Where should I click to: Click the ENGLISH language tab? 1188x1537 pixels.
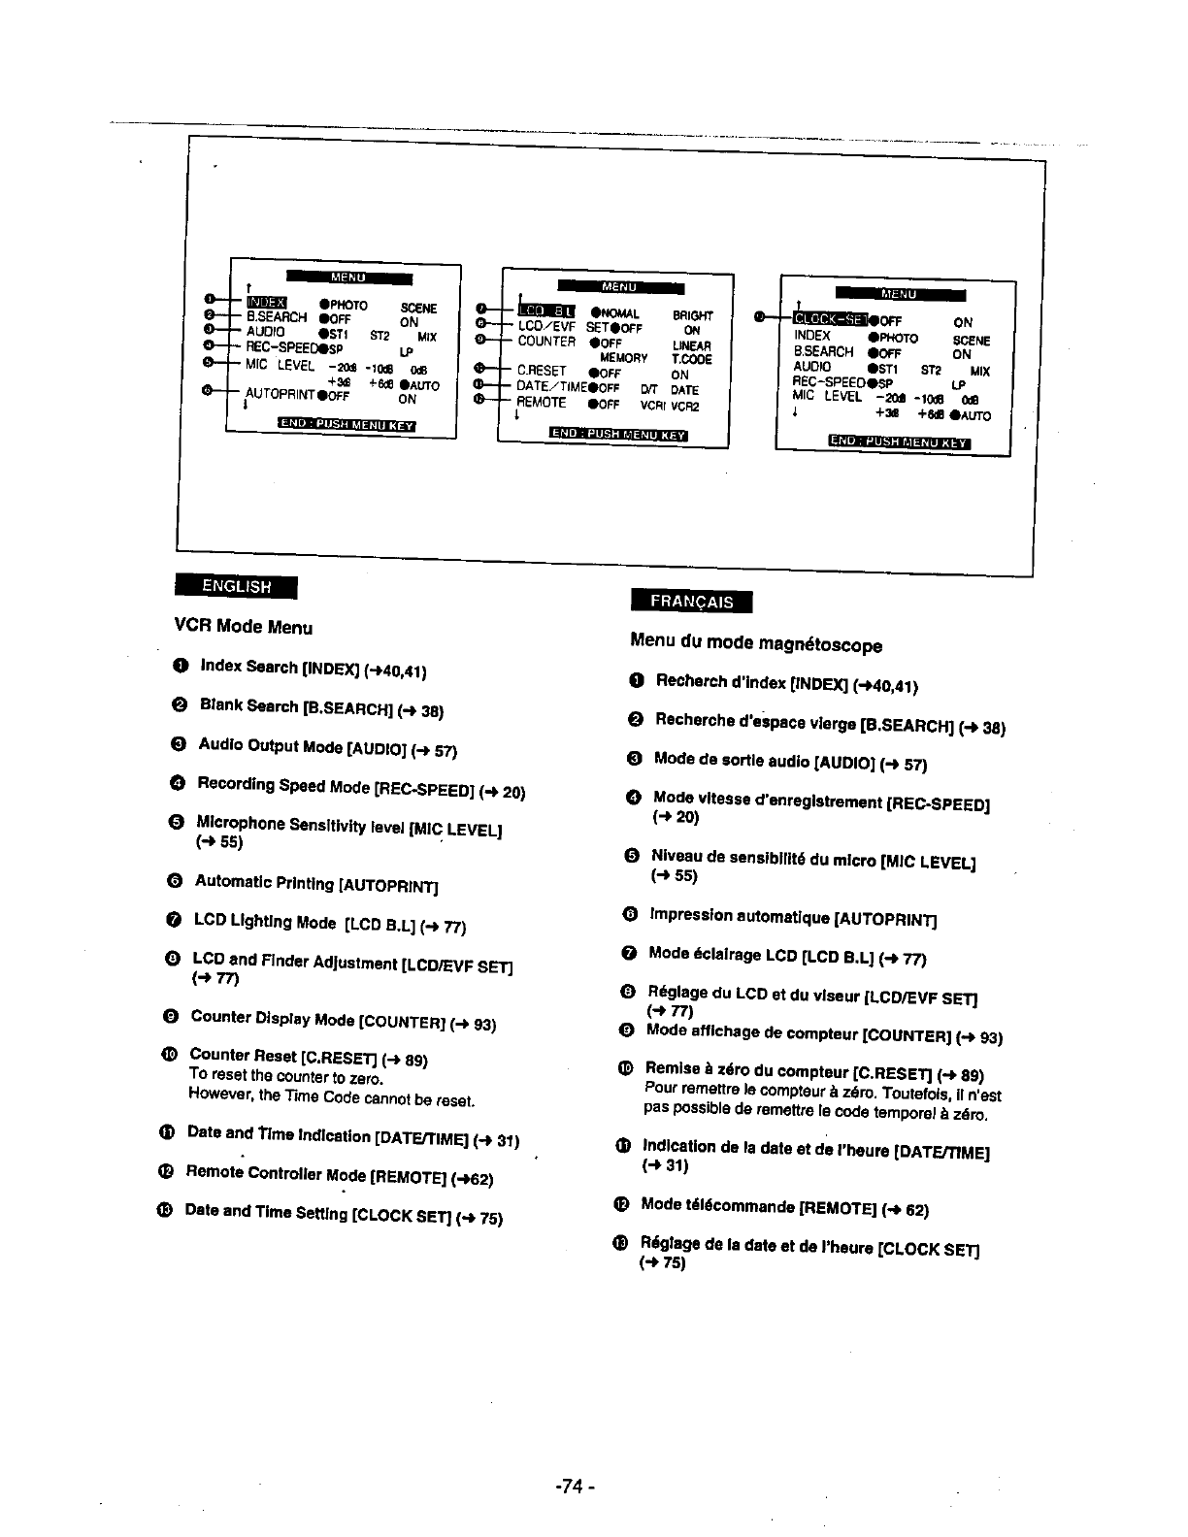click(236, 586)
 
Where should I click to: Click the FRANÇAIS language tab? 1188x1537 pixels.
click(691, 601)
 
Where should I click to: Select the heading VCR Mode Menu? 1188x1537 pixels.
click(244, 626)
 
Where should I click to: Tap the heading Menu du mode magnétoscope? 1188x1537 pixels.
click(756, 642)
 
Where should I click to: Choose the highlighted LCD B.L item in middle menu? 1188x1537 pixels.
click(549, 311)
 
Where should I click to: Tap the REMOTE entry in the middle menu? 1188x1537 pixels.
click(542, 402)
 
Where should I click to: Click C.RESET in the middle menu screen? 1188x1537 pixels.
click(542, 371)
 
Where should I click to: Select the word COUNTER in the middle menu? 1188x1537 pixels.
click(546, 341)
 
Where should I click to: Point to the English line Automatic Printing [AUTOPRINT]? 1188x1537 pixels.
click(316, 883)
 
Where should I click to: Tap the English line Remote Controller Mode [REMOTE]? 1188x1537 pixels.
click(340, 1175)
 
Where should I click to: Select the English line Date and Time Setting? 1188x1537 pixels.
click(344, 1214)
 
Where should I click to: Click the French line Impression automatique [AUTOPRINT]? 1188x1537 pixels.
click(793, 916)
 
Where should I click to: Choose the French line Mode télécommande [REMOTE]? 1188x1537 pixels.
click(785, 1207)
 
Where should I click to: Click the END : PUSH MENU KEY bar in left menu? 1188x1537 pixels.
click(346, 424)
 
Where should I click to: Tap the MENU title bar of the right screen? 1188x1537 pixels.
click(900, 294)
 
